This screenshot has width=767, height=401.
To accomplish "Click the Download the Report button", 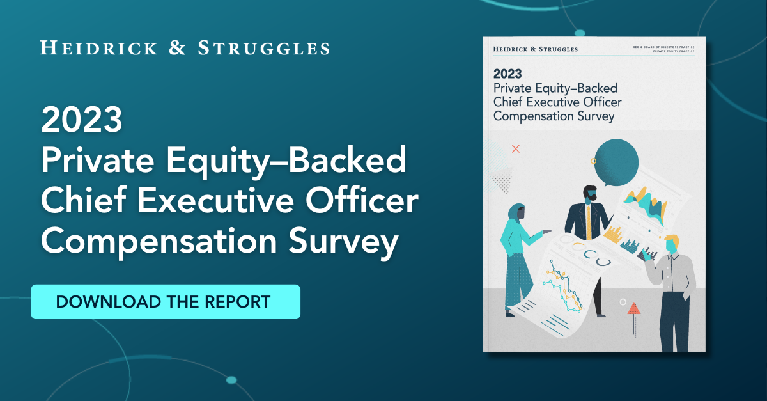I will pos(165,302).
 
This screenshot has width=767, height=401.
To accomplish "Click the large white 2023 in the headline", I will pos(82,119).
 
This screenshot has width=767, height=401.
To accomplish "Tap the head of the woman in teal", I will pos(518,214).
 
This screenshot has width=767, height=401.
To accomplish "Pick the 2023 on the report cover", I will pos(507,74).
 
